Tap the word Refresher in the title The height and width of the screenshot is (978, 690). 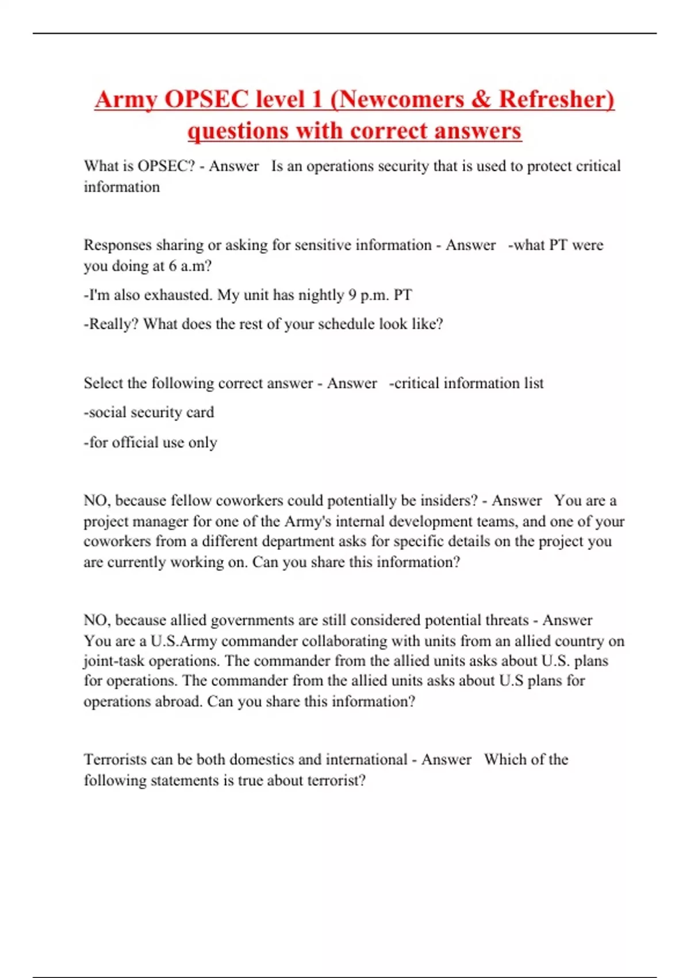coord(556,99)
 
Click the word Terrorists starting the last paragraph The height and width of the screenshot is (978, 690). coord(115,759)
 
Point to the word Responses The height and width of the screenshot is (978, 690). coord(118,245)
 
